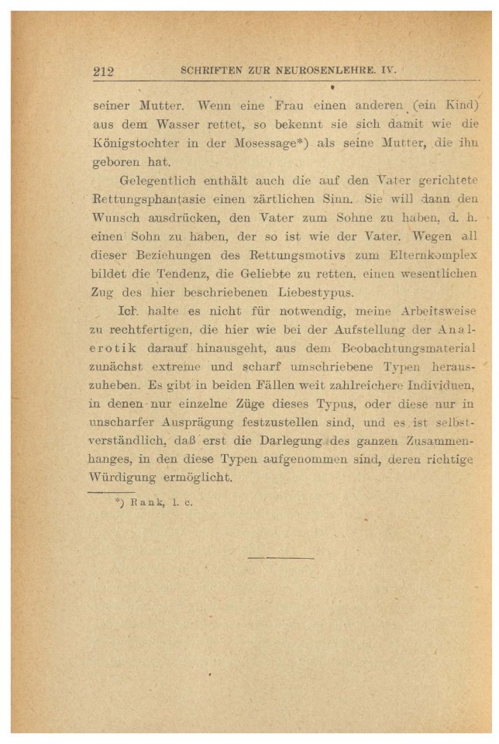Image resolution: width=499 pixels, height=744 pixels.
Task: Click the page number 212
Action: click(104, 72)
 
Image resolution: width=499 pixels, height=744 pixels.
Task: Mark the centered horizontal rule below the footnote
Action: click(280, 556)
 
